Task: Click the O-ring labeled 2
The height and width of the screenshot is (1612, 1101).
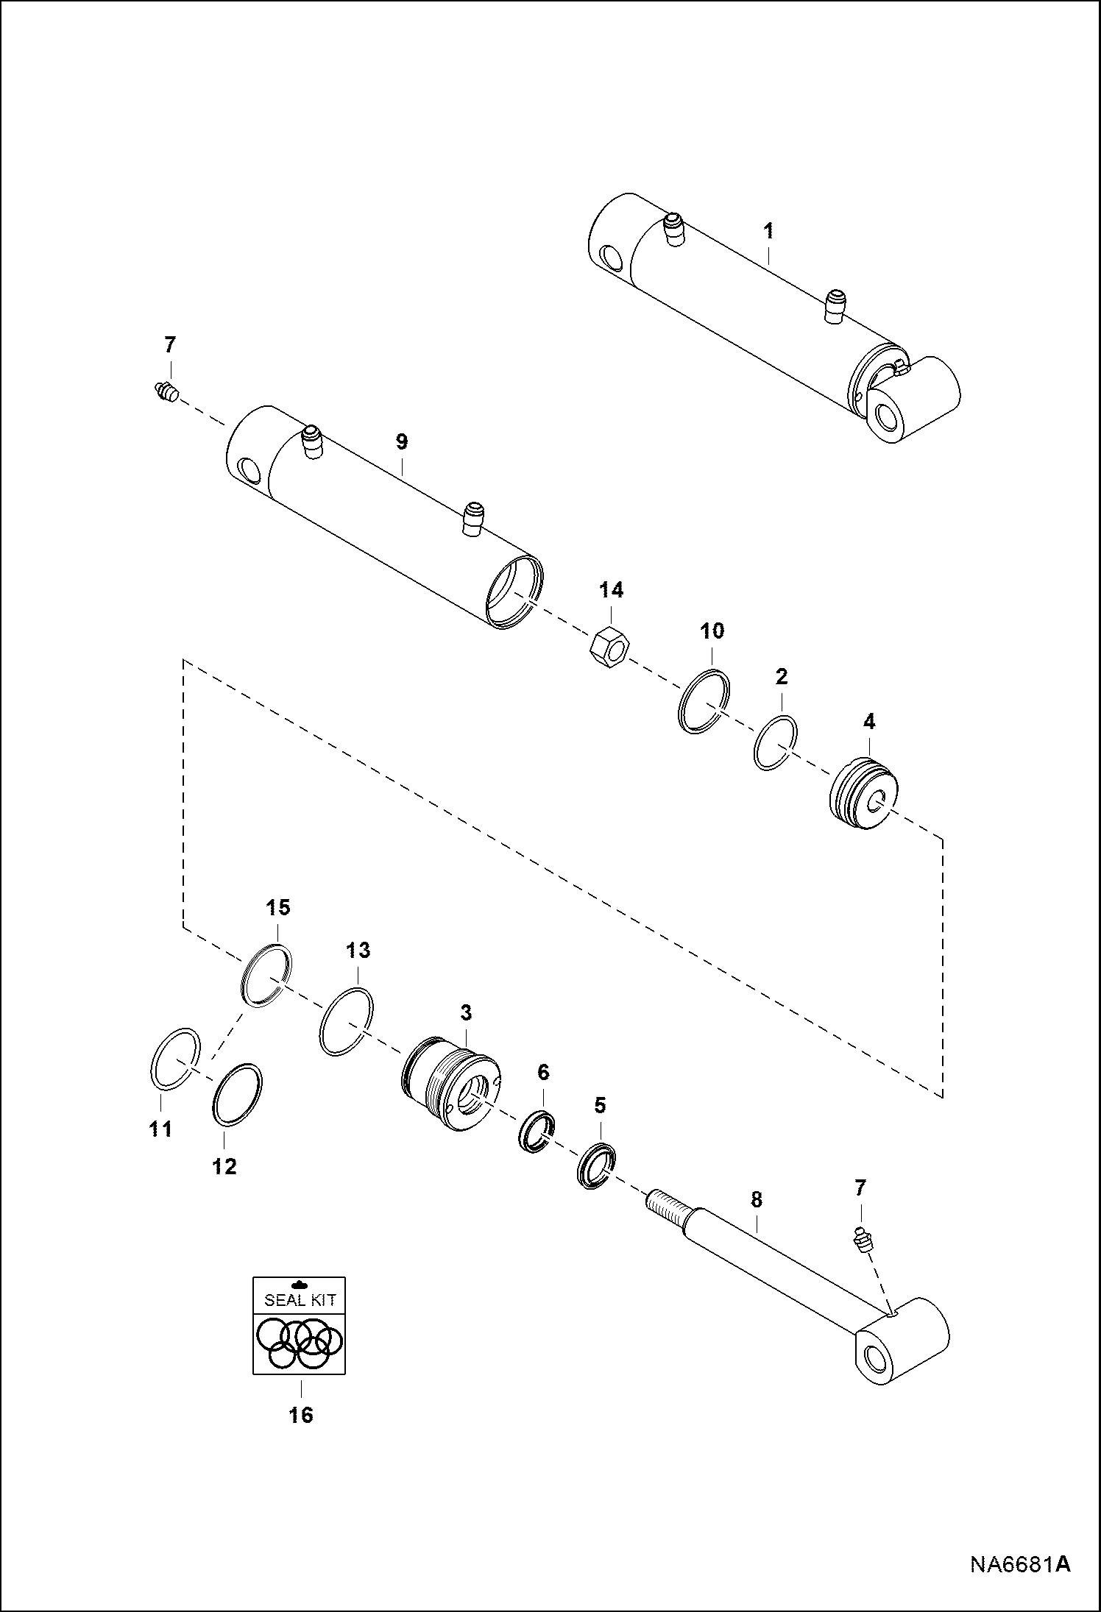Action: point(776,742)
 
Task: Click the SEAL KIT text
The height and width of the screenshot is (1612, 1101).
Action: point(300,1299)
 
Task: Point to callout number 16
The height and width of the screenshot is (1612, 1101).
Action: point(301,1414)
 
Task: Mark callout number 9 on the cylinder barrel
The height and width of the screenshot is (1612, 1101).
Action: point(401,442)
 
